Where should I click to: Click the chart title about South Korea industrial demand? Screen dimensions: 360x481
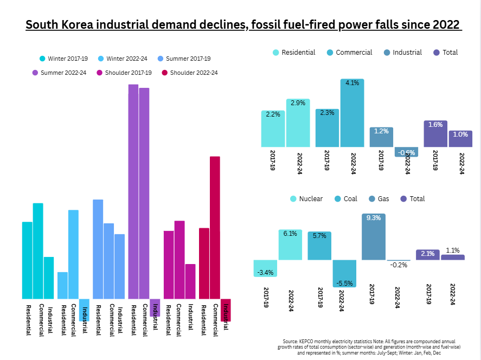(243, 25)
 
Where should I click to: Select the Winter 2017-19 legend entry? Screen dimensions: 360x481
(63, 59)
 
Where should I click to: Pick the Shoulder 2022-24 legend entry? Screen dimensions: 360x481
(189, 73)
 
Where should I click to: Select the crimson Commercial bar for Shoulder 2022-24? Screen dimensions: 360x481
(215, 227)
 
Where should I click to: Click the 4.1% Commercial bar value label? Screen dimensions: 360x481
(352, 83)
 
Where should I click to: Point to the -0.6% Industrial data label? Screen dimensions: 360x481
(406, 152)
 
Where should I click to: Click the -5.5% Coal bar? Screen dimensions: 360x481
(344, 273)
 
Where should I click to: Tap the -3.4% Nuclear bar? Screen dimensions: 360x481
(266, 268)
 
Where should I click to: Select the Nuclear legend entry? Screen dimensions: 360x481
(306, 199)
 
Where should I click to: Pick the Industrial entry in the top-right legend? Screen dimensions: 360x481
(402, 53)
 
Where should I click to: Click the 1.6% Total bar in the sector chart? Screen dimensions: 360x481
(435, 133)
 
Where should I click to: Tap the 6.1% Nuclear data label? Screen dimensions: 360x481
(290, 234)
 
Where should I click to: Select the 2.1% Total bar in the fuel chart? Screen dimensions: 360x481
(428, 254)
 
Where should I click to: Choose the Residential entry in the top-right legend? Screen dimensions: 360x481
(293, 53)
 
